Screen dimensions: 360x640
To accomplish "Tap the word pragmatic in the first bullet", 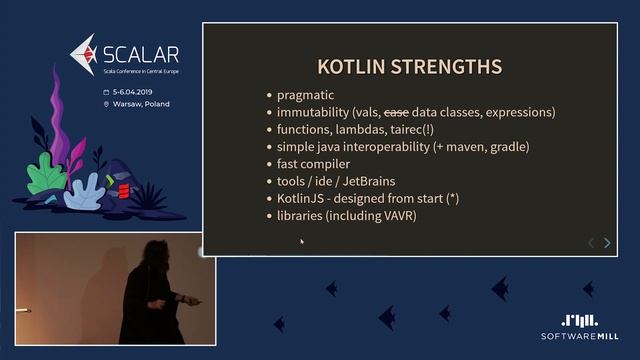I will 306,95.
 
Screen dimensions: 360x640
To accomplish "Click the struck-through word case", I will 397,113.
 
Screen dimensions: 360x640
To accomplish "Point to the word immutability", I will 314,113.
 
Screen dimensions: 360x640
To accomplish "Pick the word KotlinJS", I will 300,198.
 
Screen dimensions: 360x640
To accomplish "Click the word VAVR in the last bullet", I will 396,216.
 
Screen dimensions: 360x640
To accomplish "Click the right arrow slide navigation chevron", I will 607,243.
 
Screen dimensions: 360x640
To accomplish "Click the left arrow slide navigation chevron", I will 590,243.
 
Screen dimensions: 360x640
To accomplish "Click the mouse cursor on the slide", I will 301,240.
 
